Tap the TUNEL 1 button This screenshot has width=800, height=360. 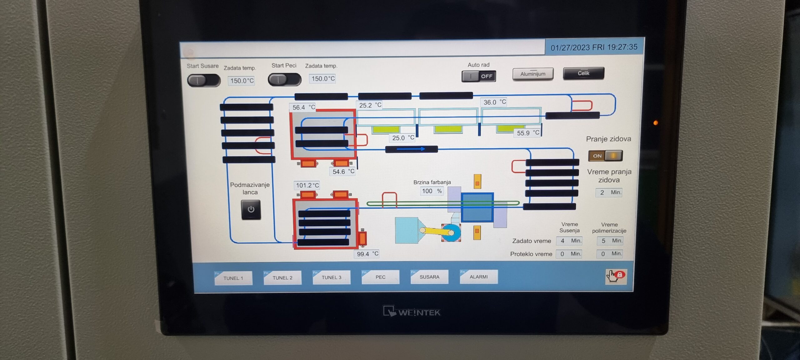[233, 278]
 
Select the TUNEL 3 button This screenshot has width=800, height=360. [331, 277]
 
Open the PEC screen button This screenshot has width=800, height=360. [380, 277]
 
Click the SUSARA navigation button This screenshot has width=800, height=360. [429, 277]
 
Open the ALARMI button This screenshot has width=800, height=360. [478, 277]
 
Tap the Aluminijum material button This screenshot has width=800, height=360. [533, 74]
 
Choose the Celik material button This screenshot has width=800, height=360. [583, 73]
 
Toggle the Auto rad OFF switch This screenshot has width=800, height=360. [479, 76]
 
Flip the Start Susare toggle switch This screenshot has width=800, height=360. [204, 80]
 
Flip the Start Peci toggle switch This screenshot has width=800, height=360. [284, 79]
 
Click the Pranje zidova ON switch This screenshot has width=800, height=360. [605, 156]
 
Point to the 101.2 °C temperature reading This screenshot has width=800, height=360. [307, 185]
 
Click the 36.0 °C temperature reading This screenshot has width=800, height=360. [494, 102]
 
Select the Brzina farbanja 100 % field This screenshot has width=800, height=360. [432, 191]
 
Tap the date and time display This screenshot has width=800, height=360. [594, 47]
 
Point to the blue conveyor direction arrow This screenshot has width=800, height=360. [411, 149]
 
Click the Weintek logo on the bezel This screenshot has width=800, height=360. [412, 312]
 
